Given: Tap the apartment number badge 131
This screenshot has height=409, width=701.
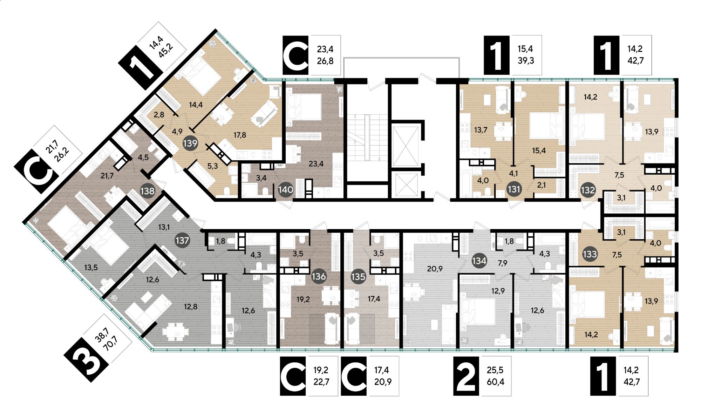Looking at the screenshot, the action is tap(514, 189).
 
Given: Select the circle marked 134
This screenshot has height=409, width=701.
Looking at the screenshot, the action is tap(479, 261).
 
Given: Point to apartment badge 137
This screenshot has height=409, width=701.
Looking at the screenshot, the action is tap(183, 241).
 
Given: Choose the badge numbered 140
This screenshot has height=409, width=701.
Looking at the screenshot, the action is tap(286, 190).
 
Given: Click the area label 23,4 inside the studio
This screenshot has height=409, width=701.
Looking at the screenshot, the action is tap(316, 163).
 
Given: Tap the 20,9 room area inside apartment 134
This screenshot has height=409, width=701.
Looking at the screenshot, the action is tap(435, 269).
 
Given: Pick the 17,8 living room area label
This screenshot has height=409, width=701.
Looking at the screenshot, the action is tap(240, 135).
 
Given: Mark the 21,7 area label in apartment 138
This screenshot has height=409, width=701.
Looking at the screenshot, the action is tap(107, 176).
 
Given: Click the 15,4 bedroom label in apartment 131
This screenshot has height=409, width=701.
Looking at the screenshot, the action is tap(539, 150).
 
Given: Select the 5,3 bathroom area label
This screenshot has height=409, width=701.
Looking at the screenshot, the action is tap(212, 166).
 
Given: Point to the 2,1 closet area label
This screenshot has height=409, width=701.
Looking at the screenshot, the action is tap(541, 185).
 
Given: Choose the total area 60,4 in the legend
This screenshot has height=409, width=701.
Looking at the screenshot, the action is tap(496, 382).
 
